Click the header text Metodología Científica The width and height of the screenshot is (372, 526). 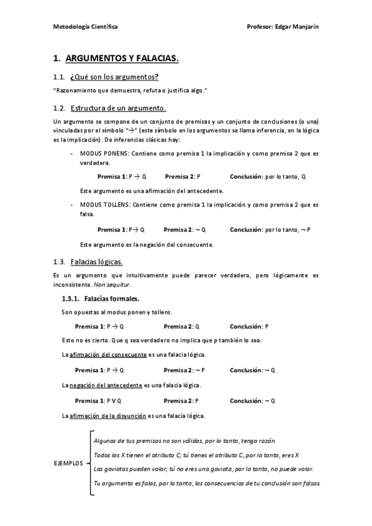[85, 27]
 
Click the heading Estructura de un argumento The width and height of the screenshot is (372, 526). [118, 107]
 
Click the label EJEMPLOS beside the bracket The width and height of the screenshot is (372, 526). [68, 463]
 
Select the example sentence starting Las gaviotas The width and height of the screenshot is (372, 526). [203, 469]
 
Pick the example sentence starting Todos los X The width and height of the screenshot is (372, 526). [196, 455]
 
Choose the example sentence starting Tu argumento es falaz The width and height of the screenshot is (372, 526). [207, 483]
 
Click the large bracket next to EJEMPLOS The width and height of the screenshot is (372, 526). [91, 463]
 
